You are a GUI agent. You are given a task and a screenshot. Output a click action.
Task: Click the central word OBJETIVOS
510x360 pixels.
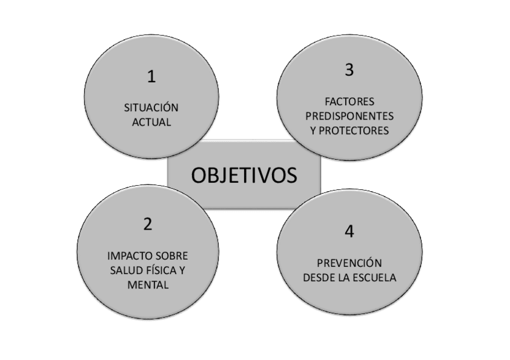(x=244, y=175)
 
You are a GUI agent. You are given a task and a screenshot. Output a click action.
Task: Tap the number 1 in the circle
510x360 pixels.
(x=152, y=77)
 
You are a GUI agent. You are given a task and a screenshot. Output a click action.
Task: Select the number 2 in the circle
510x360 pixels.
(x=147, y=224)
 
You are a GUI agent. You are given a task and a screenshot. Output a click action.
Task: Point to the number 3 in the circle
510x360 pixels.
(x=349, y=70)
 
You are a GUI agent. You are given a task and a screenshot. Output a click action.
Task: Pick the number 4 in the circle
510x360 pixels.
(x=349, y=231)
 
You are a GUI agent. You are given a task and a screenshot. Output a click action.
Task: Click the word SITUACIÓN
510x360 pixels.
(x=152, y=108)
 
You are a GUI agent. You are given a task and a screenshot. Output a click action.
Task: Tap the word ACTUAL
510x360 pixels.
(x=152, y=122)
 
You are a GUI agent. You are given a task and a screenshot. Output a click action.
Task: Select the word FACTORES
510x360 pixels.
(x=349, y=101)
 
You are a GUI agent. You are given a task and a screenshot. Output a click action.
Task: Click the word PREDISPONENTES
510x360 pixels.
(x=349, y=115)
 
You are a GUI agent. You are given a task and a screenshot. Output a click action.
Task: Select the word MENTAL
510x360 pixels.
(x=147, y=284)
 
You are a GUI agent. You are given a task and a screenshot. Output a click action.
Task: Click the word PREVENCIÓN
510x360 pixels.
(x=349, y=263)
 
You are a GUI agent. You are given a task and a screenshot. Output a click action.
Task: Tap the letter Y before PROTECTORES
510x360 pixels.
(x=314, y=129)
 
